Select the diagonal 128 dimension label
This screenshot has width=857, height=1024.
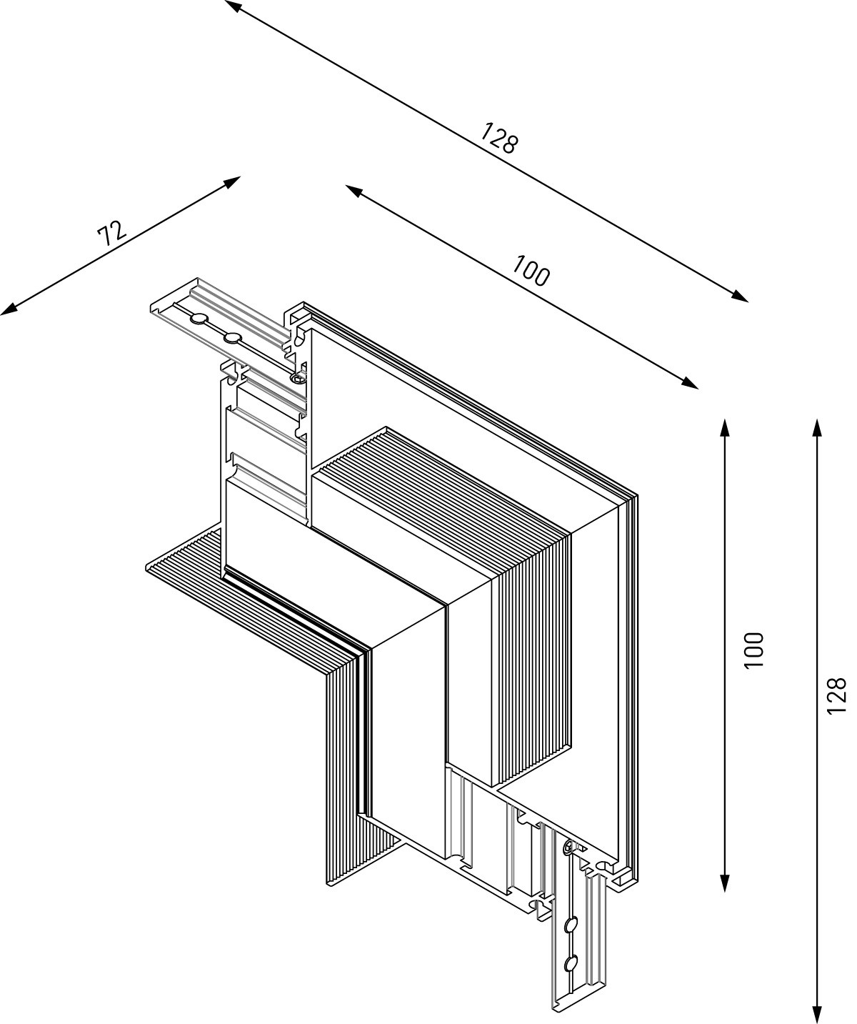[498, 138]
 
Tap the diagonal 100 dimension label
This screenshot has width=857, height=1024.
[531, 271]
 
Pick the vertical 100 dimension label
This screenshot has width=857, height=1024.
[753, 650]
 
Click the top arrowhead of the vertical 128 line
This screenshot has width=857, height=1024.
[817, 427]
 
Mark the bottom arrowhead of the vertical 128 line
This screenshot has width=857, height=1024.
[817, 1015]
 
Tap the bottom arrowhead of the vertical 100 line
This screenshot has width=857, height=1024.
[725, 883]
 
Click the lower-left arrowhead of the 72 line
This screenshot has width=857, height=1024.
[9, 309]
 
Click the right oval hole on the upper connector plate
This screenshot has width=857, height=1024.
[232, 337]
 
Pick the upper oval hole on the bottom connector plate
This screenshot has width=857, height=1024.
[570, 926]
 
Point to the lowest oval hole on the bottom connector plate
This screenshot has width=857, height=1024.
[570, 964]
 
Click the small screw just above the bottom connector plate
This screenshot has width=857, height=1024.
[568, 848]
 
